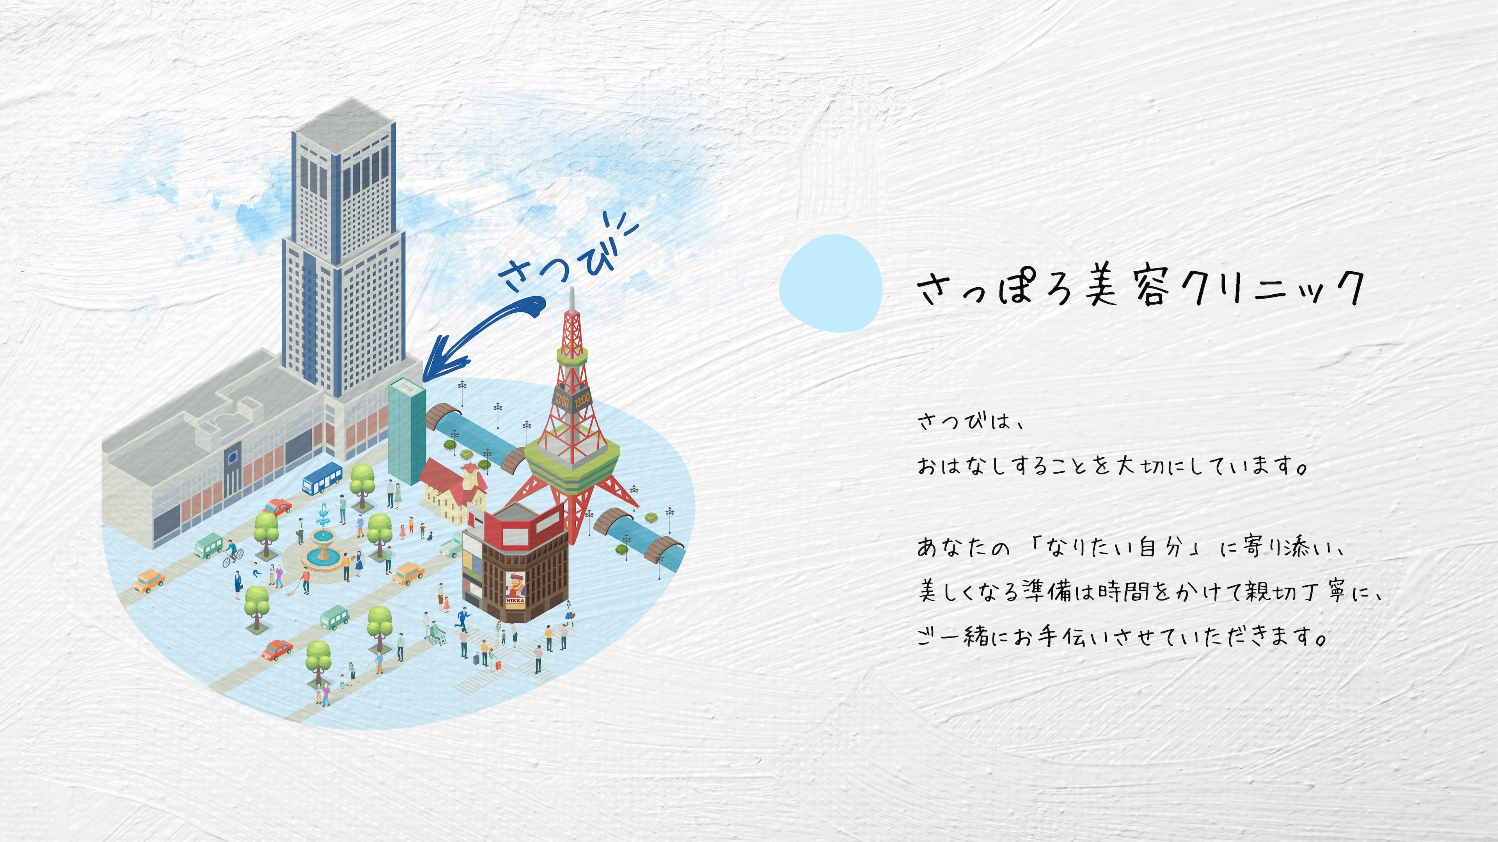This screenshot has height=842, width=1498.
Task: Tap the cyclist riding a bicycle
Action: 233,554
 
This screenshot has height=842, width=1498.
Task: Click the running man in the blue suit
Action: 463,618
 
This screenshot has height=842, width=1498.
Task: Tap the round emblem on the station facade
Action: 232,457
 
